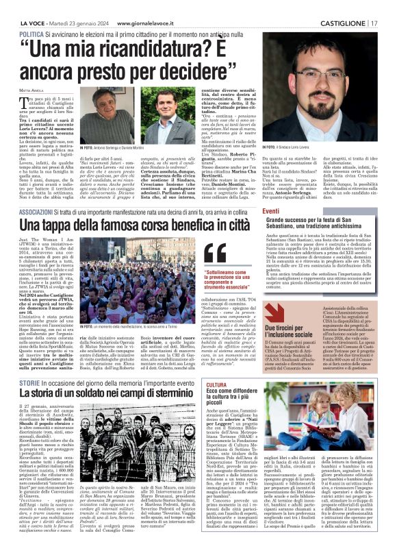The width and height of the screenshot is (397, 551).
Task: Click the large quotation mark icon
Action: click(x=214, y=253)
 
